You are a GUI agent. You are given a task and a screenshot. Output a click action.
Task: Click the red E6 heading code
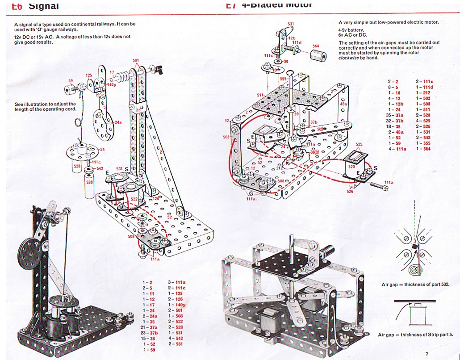tap(17, 6)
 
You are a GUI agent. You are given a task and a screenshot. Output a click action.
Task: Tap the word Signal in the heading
tap(43, 6)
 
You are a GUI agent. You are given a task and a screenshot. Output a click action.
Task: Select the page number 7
tap(427, 354)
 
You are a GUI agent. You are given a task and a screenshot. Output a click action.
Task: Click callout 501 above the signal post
tap(136, 60)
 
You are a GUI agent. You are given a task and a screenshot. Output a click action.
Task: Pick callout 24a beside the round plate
tap(118, 121)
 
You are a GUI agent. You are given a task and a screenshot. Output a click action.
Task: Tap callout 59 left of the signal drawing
tap(70, 81)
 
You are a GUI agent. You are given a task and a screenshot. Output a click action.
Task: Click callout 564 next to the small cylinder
tap(316, 46)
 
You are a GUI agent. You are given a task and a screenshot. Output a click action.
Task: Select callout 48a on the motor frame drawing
tap(343, 104)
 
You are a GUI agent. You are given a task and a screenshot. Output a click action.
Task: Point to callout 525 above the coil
tap(359, 144)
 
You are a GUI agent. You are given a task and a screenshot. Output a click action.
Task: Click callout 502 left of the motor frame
tap(226, 137)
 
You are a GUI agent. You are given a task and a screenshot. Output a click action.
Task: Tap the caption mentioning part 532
tap(415, 284)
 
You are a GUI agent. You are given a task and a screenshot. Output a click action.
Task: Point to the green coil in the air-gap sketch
tap(416, 314)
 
